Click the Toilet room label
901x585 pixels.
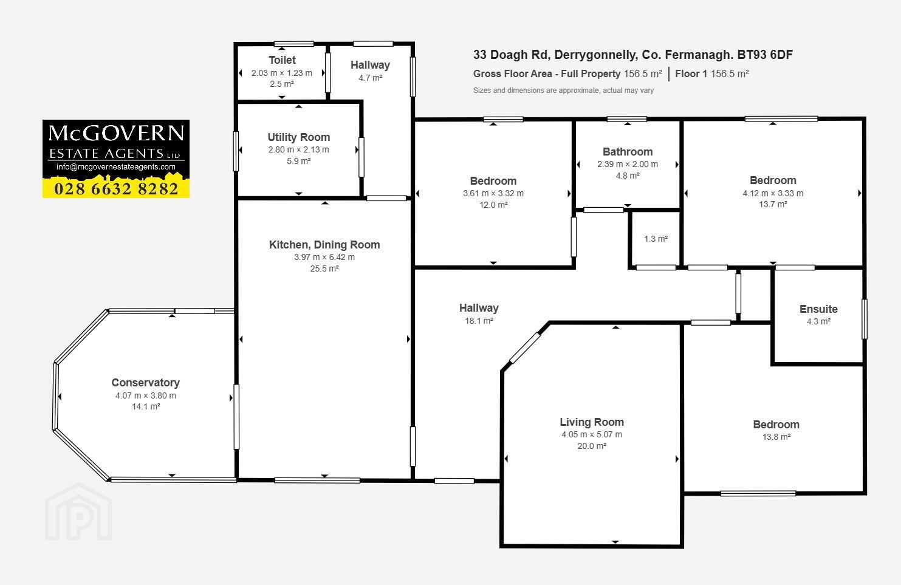(282, 60)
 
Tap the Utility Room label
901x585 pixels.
(298, 137)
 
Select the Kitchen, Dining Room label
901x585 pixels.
(324, 244)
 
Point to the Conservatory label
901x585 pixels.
(146, 382)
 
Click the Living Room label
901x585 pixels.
(592, 422)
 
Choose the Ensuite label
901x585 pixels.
(818, 309)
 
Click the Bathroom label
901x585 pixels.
(628, 152)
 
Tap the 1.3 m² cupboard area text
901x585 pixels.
(656, 239)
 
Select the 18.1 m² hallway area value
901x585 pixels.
(479, 321)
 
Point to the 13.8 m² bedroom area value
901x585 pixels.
(776, 437)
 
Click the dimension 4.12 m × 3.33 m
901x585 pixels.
(773, 193)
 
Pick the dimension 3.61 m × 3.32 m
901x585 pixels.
(493, 193)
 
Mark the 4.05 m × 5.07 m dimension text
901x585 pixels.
(592, 434)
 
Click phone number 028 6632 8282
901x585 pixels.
(116, 188)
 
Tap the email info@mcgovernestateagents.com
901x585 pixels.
(116, 167)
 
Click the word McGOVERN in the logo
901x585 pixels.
(116, 133)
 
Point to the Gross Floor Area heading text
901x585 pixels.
(547, 74)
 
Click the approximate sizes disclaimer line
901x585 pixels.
(563, 91)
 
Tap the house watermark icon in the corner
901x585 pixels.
(78, 512)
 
